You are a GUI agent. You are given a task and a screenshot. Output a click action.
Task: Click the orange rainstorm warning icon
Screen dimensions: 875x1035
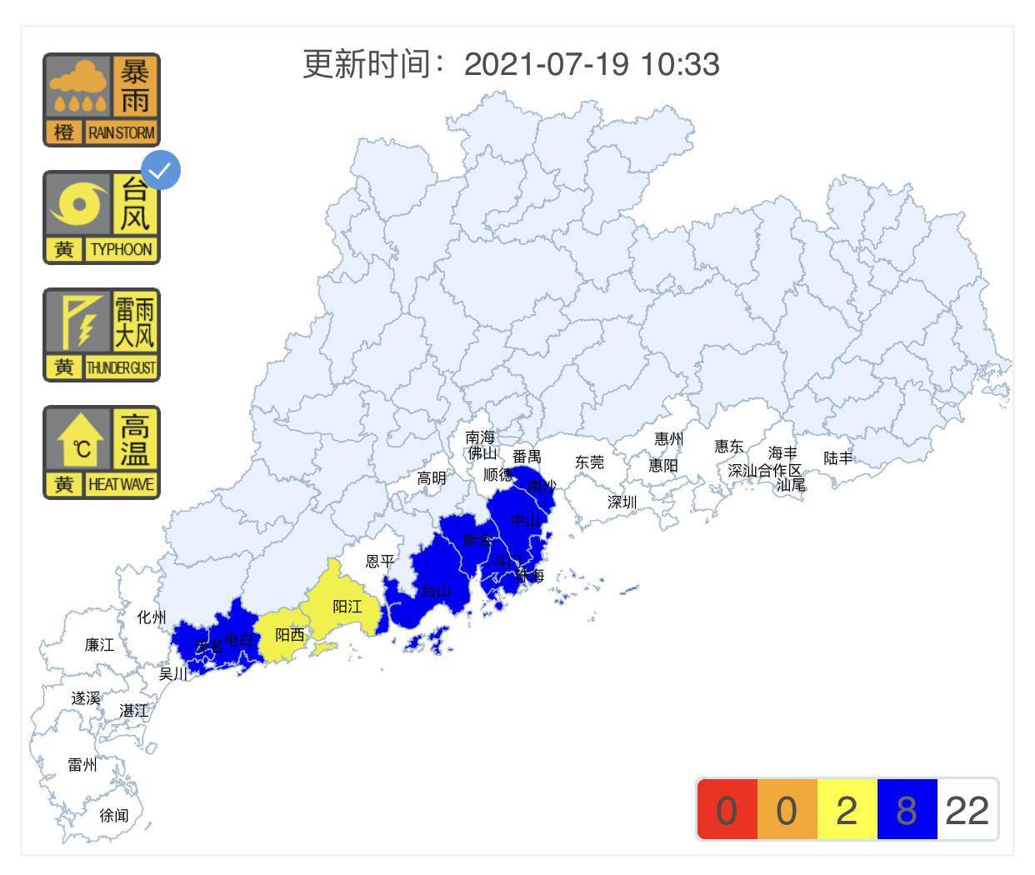point(101,100)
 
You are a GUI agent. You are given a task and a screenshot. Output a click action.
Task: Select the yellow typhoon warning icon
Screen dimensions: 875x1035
point(101,217)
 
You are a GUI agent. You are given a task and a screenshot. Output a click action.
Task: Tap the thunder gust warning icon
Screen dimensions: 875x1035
point(101,335)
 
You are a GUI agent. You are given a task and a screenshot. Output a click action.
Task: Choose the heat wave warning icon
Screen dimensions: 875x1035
point(101,452)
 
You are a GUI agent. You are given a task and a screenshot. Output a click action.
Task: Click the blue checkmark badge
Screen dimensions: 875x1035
point(161,170)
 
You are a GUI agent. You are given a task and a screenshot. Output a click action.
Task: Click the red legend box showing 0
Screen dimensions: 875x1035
point(727,809)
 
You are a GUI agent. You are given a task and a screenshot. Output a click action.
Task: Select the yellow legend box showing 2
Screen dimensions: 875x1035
point(847,809)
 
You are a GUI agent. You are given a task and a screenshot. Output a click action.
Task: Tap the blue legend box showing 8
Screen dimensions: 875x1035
point(907,809)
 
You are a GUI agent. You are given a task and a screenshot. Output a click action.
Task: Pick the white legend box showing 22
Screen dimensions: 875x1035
point(967,809)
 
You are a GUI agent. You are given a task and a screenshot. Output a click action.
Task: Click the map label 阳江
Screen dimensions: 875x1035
point(347,607)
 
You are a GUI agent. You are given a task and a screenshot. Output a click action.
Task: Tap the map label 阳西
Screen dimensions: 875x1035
point(290,635)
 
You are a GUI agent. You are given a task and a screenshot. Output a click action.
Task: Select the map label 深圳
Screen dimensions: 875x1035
point(622,502)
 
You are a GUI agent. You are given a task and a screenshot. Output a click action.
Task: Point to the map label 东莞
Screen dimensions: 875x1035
point(589,462)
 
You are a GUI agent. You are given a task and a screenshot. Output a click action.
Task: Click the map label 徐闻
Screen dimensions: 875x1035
point(114,815)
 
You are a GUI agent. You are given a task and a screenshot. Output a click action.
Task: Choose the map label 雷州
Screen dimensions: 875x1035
point(82,764)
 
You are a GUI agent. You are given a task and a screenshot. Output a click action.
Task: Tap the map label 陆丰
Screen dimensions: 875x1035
point(838,457)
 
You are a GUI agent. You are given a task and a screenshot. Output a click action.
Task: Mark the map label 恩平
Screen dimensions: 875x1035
point(380,561)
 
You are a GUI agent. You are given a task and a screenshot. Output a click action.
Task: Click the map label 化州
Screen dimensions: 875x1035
point(152,617)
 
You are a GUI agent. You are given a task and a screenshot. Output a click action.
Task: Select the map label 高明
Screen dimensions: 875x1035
point(432,478)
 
